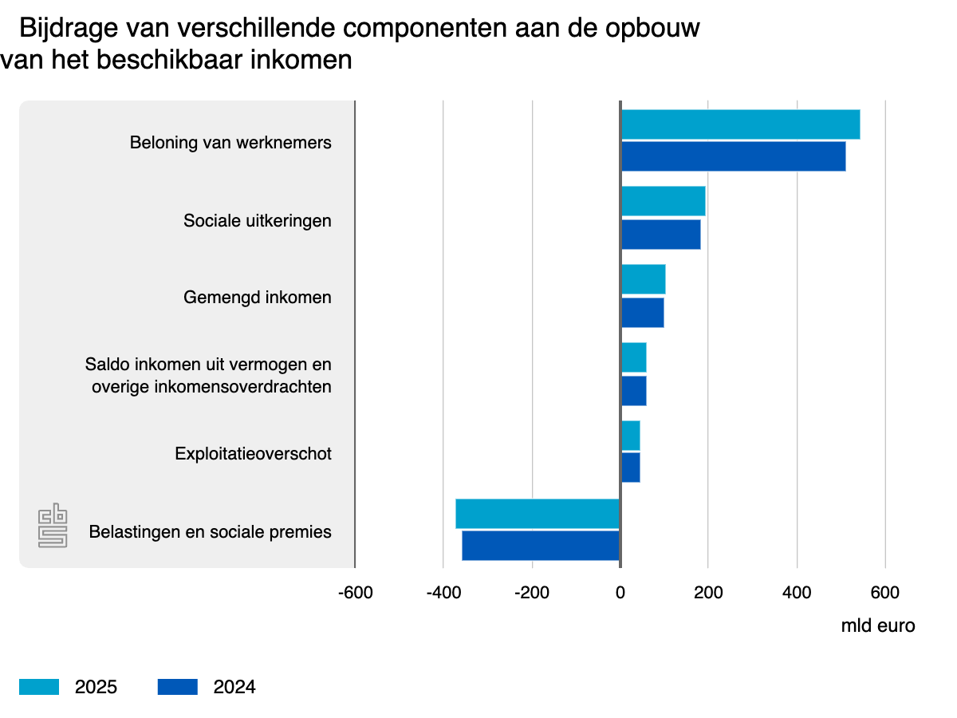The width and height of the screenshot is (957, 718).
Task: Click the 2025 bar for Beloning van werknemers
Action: pyautogui.click(x=740, y=124)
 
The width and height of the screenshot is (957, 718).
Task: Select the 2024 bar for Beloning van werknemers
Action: pyautogui.click(x=733, y=156)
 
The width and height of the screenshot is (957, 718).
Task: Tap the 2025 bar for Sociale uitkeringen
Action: pyautogui.click(x=663, y=201)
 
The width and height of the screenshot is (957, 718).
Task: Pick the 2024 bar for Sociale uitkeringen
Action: pyautogui.click(x=660, y=235)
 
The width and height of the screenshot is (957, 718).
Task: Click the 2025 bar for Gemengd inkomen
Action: pyautogui.click(x=643, y=279)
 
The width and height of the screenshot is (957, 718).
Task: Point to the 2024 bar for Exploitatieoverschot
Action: pyautogui.click(x=630, y=467)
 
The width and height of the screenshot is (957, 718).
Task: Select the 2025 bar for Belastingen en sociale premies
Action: pyautogui.click(x=538, y=514)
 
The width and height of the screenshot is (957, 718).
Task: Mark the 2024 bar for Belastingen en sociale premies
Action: pyautogui.click(x=541, y=546)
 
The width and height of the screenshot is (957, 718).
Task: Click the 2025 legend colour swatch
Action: pyautogui.click(x=39, y=687)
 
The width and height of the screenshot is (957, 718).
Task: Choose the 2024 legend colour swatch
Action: pyautogui.click(x=177, y=687)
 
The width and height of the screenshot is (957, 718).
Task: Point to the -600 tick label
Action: pyautogui.click(x=355, y=593)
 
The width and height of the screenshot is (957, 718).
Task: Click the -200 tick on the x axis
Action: pyautogui.click(x=532, y=593)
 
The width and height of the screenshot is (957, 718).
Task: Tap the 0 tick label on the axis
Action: pyautogui.click(x=620, y=593)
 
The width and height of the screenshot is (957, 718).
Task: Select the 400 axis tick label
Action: pyautogui.click(x=797, y=593)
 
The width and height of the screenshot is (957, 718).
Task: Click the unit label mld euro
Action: pyautogui.click(x=878, y=625)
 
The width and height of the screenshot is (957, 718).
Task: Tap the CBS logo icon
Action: pyautogui.click(x=53, y=525)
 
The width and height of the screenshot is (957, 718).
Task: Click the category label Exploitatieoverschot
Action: pyautogui.click(x=254, y=454)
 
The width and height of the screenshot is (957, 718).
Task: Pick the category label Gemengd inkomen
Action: pyautogui.click(x=258, y=298)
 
